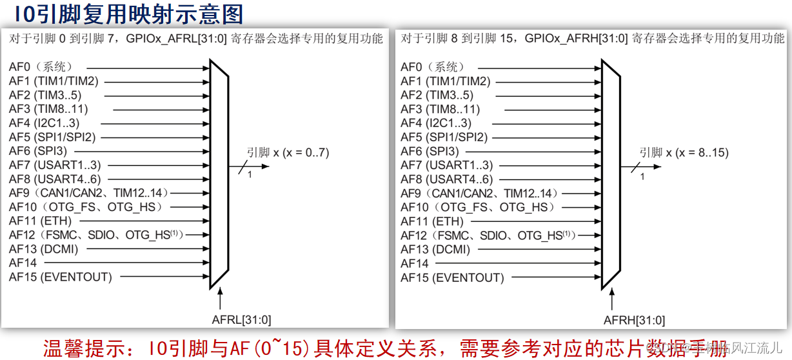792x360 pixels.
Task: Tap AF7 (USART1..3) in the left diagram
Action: (55, 165)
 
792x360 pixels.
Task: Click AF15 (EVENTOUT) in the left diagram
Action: (60, 277)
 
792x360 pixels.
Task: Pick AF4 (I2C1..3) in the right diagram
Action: (436, 123)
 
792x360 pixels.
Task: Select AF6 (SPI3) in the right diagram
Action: (430, 152)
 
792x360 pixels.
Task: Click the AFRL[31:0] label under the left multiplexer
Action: (242, 319)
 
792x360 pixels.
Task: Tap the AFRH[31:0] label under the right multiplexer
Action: (634, 320)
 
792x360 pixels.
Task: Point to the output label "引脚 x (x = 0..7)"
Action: (287, 153)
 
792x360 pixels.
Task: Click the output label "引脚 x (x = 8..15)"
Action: (684, 153)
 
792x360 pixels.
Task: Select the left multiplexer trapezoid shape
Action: (219, 174)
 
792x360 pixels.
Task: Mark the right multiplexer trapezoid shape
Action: (611, 174)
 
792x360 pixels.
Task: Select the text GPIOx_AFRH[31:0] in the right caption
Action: (576, 39)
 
